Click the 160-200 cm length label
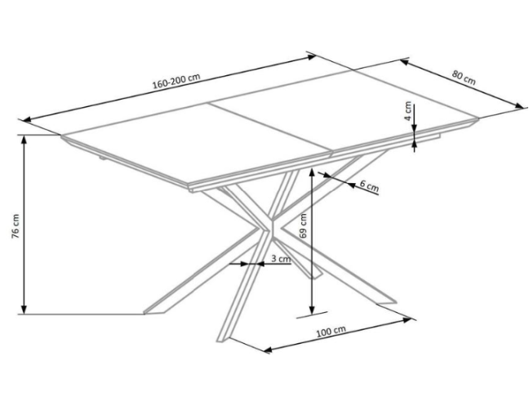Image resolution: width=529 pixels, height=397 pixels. (176, 81)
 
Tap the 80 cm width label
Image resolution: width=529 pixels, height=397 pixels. (464, 78)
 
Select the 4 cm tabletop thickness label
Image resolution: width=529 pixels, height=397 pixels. (408, 111)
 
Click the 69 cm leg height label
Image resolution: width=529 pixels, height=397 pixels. (303, 225)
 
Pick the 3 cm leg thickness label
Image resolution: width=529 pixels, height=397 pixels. (281, 259)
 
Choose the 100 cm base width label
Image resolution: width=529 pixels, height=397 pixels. (331, 332)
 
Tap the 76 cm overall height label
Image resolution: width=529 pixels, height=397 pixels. (16, 226)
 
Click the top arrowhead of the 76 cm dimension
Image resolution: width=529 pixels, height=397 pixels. (24, 140)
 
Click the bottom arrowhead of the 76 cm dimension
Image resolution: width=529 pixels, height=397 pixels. (24, 310)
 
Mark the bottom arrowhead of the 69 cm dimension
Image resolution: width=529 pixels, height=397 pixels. (312, 310)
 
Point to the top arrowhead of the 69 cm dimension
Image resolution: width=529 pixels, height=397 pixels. (312, 172)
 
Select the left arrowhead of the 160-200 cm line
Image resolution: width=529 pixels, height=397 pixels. (26, 119)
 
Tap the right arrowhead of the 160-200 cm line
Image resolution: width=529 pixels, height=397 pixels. (311, 57)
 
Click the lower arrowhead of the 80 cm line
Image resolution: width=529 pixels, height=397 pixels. (519, 106)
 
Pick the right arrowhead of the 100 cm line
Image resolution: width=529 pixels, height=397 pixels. (407, 319)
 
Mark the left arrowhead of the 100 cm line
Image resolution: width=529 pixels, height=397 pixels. (268, 350)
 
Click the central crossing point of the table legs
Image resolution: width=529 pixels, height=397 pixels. (272, 226)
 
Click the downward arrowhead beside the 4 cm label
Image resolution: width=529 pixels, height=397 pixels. (414, 127)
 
